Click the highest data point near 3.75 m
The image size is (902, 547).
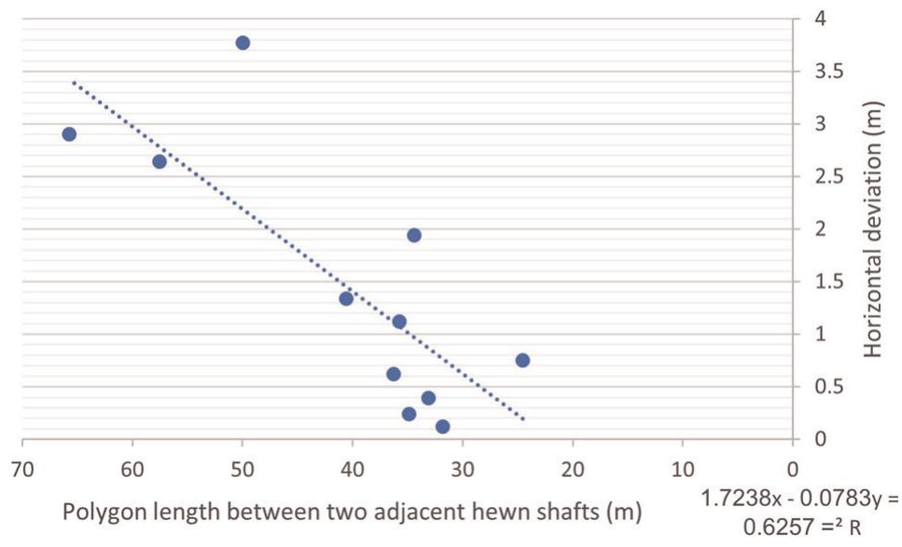[x=243, y=43]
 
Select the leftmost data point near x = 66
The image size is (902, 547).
[x=69, y=134]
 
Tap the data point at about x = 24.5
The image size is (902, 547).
[x=522, y=361]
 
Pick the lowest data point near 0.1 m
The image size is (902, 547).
[x=442, y=427]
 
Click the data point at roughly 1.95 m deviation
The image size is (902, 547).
[x=414, y=235]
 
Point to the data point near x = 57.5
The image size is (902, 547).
[x=160, y=162]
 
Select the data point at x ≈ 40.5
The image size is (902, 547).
[x=346, y=299]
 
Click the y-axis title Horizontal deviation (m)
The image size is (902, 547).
[x=874, y=228]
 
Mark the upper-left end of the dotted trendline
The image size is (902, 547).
[x=75, y=84]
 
